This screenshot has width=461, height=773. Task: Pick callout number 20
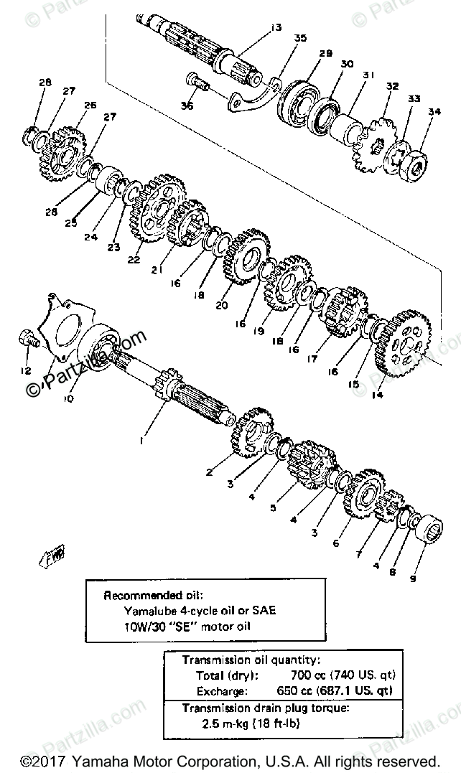(223, 304)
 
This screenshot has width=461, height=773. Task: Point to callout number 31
(369, 75)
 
